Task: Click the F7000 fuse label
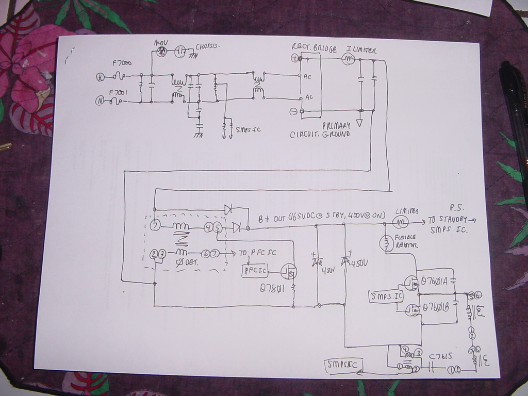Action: click(122, 63)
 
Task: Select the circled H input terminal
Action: click(100, 77)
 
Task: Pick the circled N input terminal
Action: click(99, 101)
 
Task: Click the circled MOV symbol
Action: click(161, 51)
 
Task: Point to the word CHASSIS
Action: click(208, 47)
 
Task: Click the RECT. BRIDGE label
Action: click(314, 48)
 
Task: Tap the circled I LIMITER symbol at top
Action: click(348, 60)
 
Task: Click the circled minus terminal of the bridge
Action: click(293, 111)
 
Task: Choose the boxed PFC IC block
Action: click(255, 270)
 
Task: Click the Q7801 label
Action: click(273, 289)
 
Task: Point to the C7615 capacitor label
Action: click(440, 356)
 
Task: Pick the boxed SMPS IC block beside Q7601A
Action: click(386, 296)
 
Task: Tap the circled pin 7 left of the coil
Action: click(155, 226)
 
